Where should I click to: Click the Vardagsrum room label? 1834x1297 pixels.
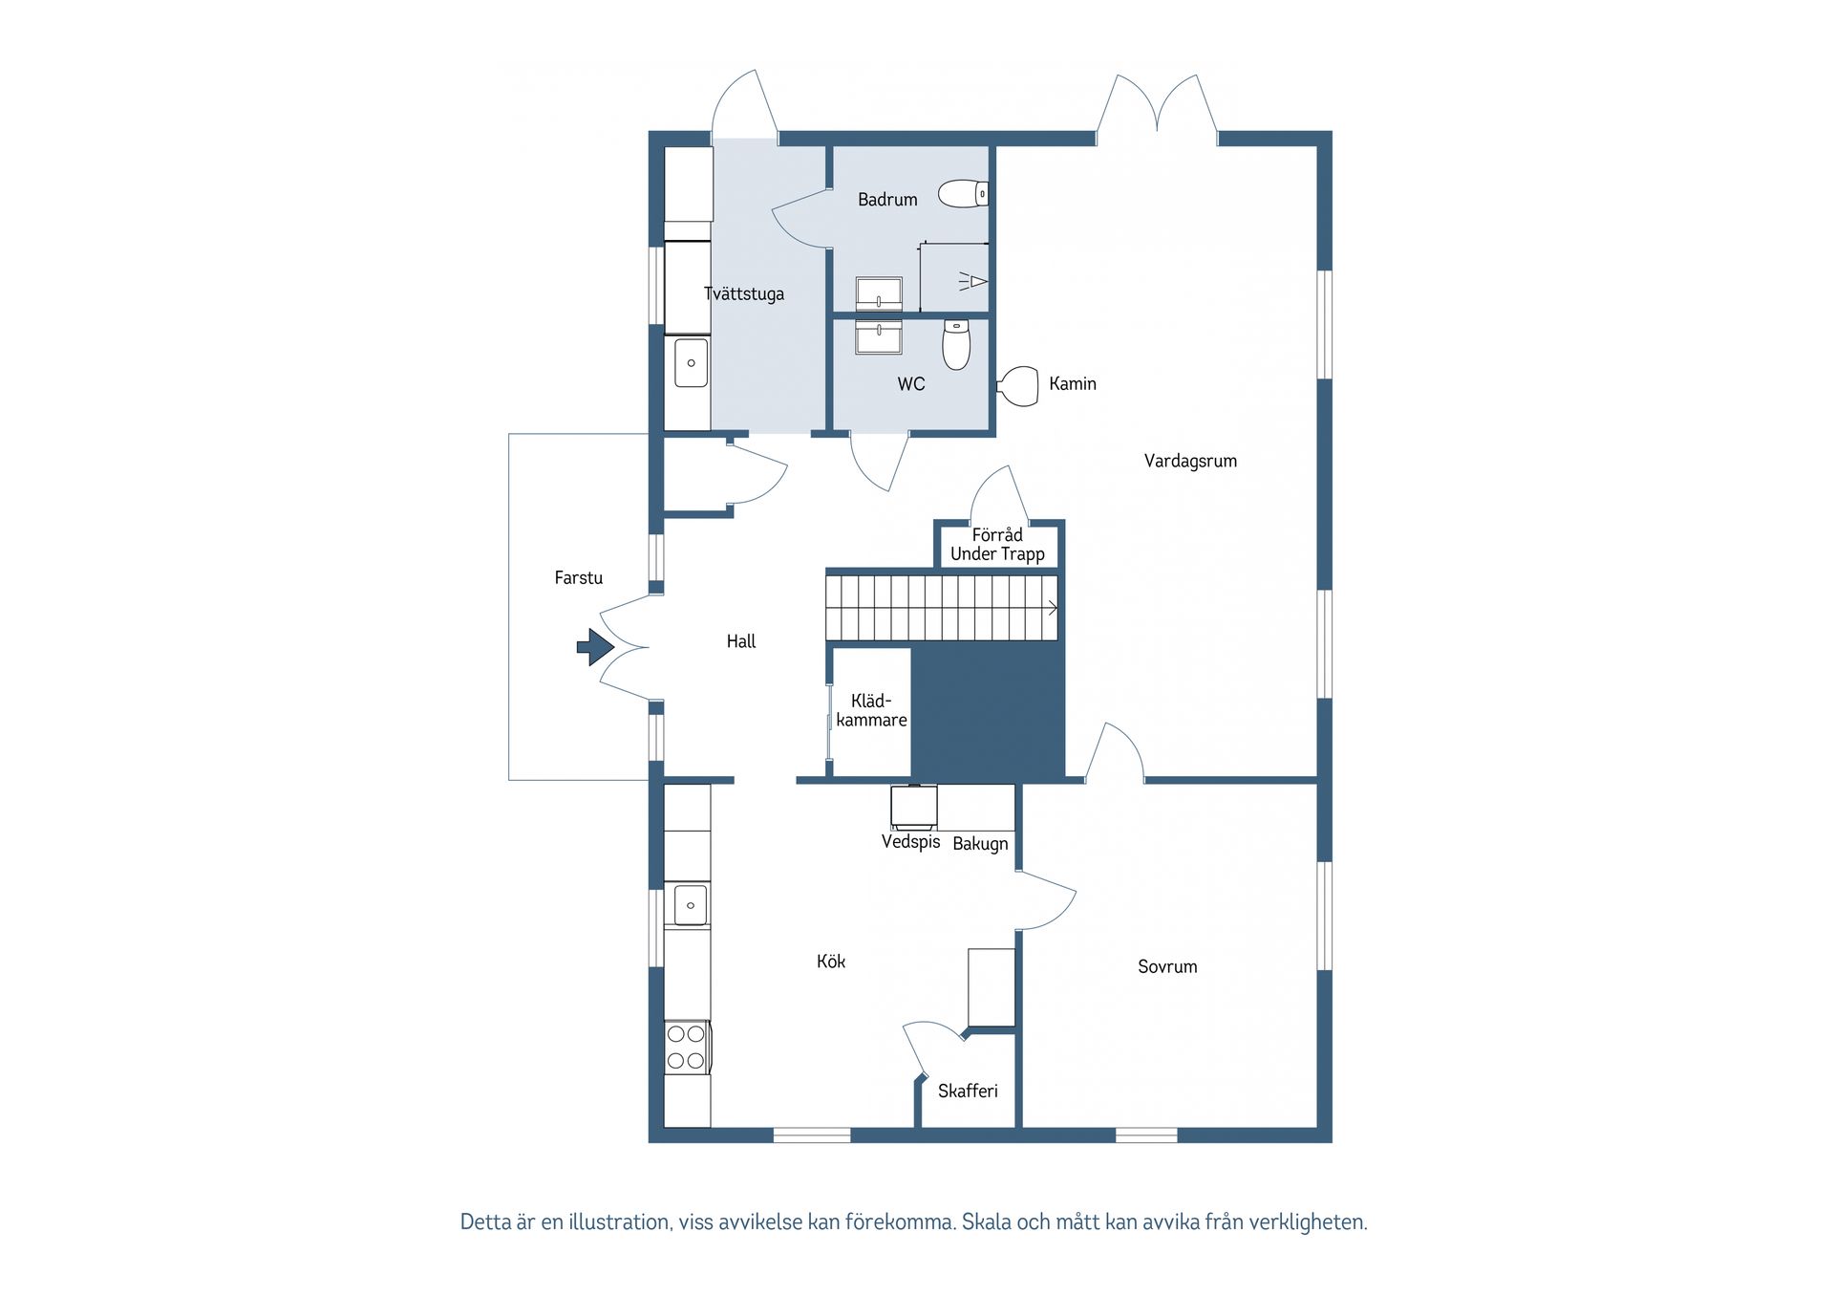coord(1190,461)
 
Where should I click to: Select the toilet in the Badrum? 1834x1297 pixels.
coord(963,194)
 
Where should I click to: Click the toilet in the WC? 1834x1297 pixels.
coord(956,344)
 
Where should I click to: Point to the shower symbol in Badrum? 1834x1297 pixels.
coord(972,281)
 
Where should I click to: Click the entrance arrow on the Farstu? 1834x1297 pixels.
coord(595,647)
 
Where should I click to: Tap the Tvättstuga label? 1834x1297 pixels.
coord(744,293)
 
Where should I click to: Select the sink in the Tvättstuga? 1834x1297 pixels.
coord(691,362)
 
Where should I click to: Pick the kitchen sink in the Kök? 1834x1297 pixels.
coord(690,904)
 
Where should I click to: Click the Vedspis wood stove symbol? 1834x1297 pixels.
coord(914,807)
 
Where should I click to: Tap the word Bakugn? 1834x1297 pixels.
coord(980,844)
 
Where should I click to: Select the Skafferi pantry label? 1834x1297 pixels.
coord(968,1091)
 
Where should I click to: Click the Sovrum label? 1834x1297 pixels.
coord(1167,966)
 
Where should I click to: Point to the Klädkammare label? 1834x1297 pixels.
coord(871,710)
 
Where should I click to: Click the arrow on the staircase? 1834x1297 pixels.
coord(1051,608)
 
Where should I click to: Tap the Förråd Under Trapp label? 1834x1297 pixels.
coord(997,544)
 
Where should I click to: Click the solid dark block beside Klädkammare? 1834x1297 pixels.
coord(987,710)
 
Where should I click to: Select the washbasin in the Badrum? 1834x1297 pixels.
coord(879,292)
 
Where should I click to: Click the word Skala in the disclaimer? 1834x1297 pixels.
coord(985,1221)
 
